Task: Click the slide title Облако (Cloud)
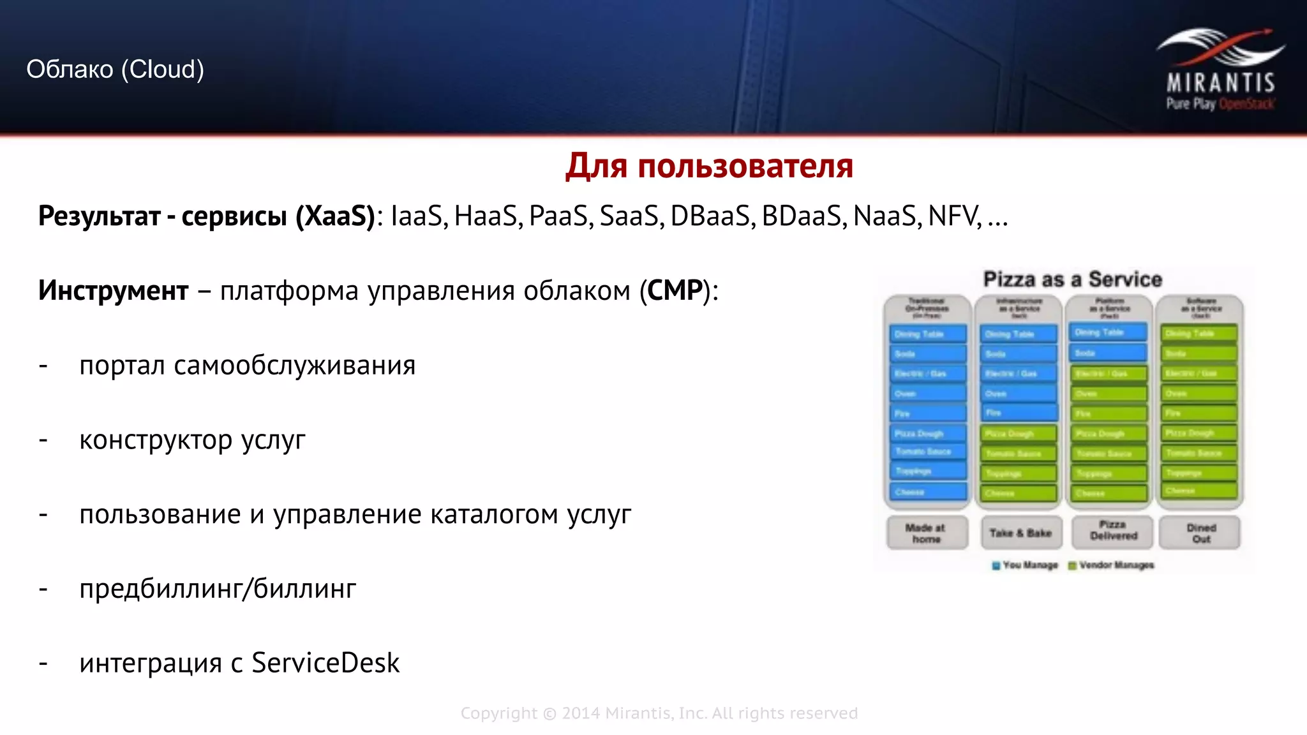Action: (x=115, y=69)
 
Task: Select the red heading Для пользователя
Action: (x=709, y=166)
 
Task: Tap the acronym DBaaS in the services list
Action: (x=710, y=216)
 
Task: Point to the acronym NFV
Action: (x=954, y=216)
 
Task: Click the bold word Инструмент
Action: (x=113, y=291)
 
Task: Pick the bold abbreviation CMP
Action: (x=675, y=291)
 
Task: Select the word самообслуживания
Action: (x=294, y=366)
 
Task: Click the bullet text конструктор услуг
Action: (x=192, y=440)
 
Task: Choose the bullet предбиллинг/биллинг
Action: (x=218, y=589)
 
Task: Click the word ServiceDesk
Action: (x=325, y=663)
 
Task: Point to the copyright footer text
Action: (x=659, y=713)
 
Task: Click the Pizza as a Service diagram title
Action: (x=1072, y=279)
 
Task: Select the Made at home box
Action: (x=926, y=533)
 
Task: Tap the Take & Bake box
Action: (x=1020, y=533)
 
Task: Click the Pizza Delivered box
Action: (x=1113, y=531)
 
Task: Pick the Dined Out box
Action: (x=1200, y=533)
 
